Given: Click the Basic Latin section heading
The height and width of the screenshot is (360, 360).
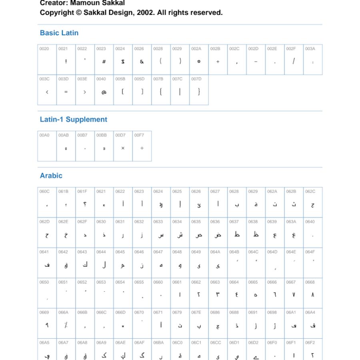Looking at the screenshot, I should [x=59, y=33].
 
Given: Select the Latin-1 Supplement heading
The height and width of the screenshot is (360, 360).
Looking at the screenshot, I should [x=74, y=119].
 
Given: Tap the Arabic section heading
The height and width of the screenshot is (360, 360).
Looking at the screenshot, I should [x=51, y=176].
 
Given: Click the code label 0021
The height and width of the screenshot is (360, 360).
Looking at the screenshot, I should [x=63, y=49].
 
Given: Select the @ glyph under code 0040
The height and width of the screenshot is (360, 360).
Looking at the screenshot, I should [x=104, y=92].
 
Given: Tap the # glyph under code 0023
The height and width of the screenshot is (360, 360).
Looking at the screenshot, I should [x=104, y=62].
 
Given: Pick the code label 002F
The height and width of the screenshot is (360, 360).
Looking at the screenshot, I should [x=291, y=49].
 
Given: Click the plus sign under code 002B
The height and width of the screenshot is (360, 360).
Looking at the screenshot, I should [x=218, y=62].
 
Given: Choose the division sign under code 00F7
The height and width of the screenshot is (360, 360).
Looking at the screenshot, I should [x=142, y=148].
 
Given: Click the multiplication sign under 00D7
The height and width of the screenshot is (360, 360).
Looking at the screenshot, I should [x=123, y=148].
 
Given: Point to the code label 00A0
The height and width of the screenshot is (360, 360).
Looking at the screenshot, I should [x=44, y=135].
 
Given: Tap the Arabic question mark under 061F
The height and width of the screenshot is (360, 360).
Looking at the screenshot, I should [x=85, y=205].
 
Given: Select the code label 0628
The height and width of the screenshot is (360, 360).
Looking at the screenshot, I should [x=234, y=192].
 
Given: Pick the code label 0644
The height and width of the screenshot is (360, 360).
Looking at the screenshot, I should [x=101, y=252].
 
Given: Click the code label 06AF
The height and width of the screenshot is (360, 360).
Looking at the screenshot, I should [x=139, y=343].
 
